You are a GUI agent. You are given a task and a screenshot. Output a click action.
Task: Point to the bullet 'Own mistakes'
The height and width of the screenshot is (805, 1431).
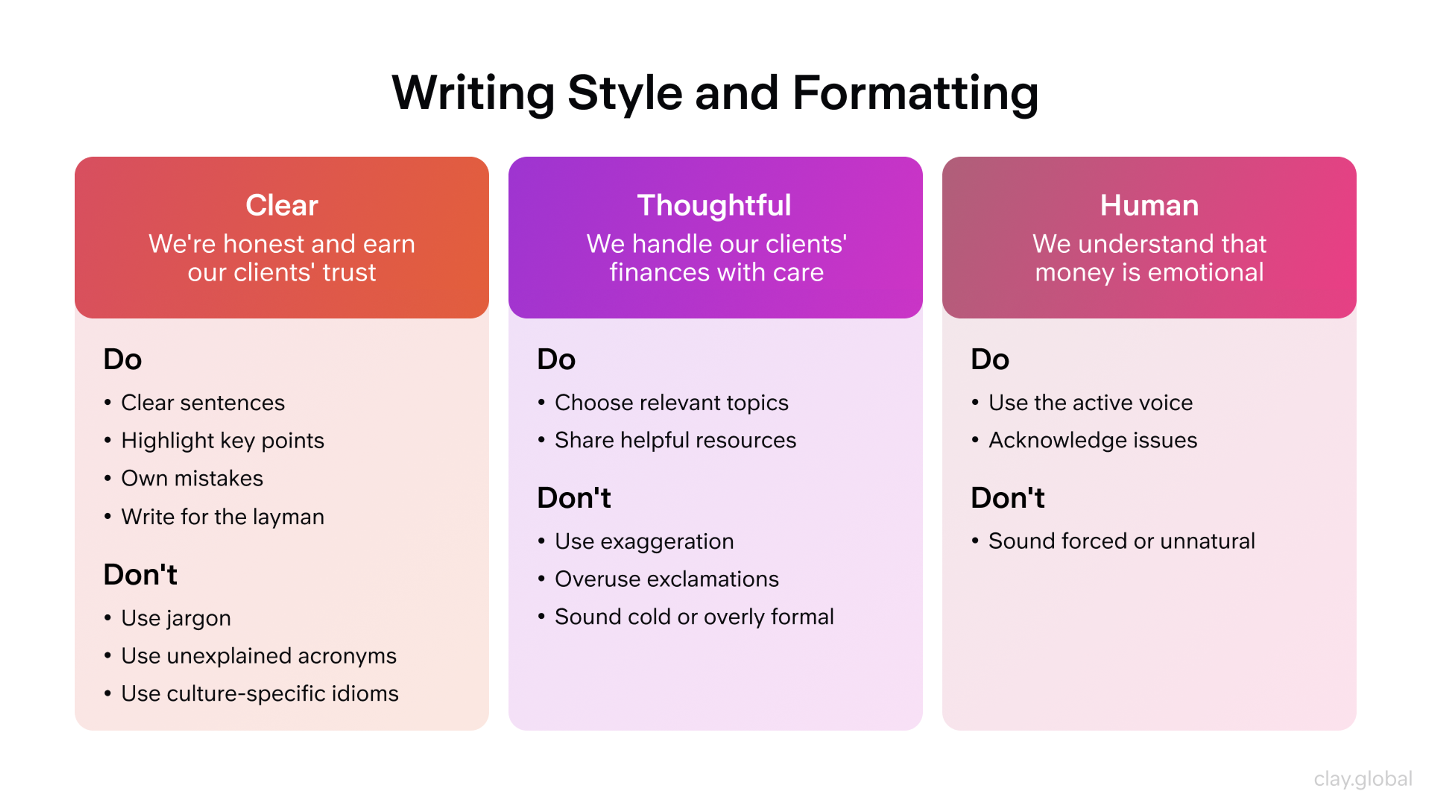[192, 478]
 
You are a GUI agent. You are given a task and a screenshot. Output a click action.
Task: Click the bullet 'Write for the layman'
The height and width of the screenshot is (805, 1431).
[222, 517]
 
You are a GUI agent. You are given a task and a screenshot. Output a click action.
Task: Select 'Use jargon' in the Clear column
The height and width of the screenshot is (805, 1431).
[176, 618]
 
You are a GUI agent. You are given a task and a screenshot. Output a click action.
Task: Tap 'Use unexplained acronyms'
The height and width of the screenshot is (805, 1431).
[258, 656]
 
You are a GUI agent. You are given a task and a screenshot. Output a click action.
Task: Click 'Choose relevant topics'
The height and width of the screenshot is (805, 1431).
[671, 403]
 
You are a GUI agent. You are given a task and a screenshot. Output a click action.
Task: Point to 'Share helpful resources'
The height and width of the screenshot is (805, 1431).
[675, 440]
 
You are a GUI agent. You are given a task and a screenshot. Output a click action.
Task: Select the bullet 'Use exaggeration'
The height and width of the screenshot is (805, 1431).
[644, 541]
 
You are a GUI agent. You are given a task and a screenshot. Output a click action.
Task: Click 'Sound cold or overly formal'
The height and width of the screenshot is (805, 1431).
[694, 617]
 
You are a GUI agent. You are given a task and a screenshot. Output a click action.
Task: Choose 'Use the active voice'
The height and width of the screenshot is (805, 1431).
[1090, 403]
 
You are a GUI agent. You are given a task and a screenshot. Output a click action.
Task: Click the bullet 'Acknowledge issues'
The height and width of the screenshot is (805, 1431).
[1092, 440]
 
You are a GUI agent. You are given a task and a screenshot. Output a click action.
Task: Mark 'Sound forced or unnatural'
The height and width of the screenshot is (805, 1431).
[1121, 541]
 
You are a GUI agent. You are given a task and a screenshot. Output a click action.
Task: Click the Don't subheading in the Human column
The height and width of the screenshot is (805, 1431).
[1007, 498]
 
